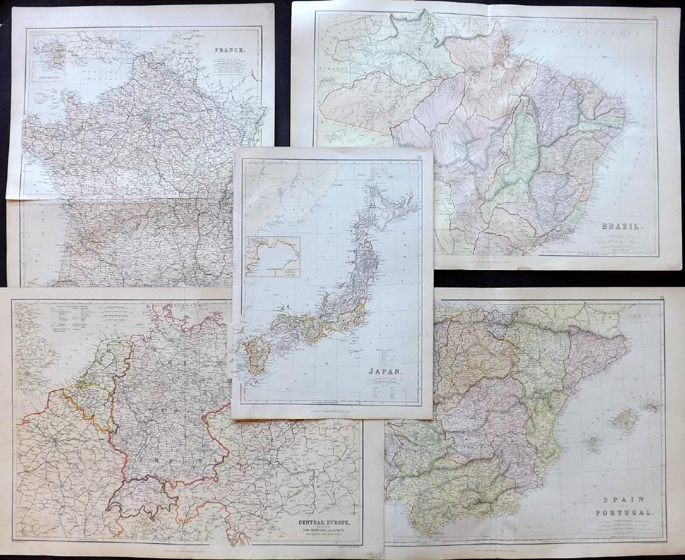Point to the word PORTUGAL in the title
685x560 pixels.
(x=628, y=513)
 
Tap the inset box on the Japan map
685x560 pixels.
(x=273, y=256)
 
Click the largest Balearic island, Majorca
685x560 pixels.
(x=625, y=420)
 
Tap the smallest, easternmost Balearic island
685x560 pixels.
(x=651, y=406)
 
